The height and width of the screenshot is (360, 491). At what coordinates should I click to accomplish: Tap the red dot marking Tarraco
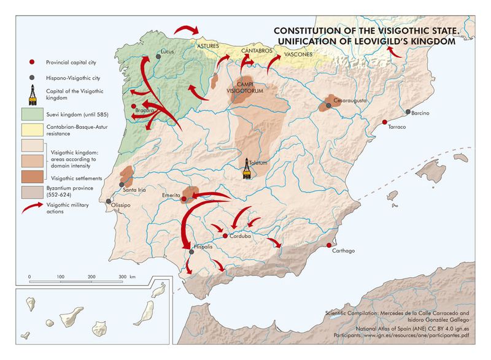pyautogui.click(x=385, y=122)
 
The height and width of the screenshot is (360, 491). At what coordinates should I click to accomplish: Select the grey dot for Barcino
pyautogui.click(x=408, y=112)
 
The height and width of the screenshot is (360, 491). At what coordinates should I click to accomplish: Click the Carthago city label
pyautogui.click(x=343, y=259)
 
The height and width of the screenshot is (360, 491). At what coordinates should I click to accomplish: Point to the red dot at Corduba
pyautogui.click(x=225, y=236)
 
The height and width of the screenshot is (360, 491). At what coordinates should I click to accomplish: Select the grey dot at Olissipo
pyautogui.click(x=109, y=201)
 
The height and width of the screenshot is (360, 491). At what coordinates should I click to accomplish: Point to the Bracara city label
pyautogui.click(x=144, y=110)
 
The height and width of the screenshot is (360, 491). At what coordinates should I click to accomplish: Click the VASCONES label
pyautogui.click(x=298, y=55)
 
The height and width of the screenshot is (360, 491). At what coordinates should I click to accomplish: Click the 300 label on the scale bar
pyautogui.click(x=122, y=277)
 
